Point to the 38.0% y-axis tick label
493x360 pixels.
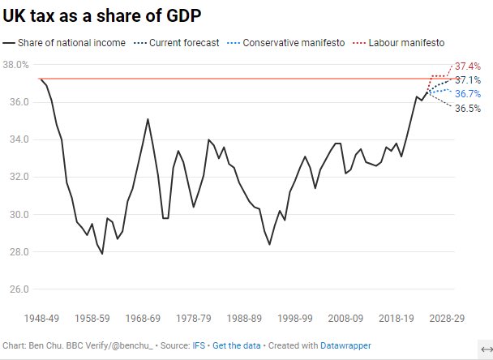point(16,65)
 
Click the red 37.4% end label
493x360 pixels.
point(468,66)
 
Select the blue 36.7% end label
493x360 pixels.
point(468,94)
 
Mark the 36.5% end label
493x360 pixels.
point(468,109)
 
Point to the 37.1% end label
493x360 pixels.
point(468,80)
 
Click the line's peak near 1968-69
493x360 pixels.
point(148,119)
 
